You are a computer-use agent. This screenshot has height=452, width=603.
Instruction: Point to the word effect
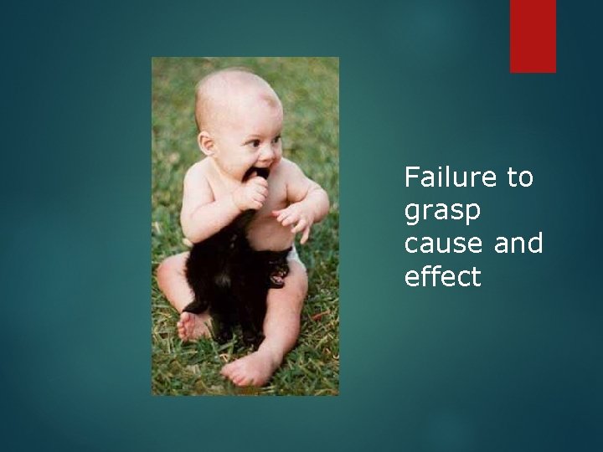[x=442, y=276]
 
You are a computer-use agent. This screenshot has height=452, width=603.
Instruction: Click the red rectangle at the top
[x=533, y=36]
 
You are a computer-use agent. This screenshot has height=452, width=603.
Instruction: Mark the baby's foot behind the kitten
[x=194, y=325]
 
